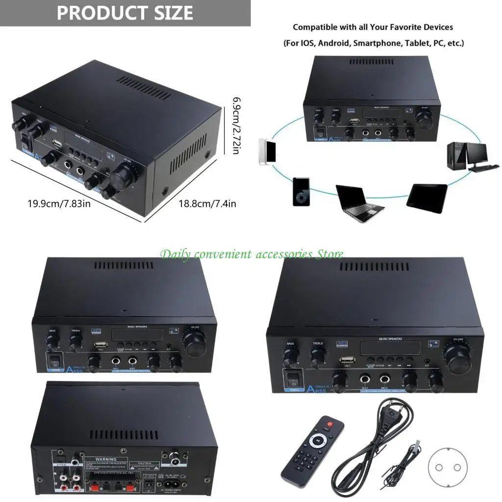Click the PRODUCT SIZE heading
125,13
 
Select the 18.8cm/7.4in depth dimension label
207,202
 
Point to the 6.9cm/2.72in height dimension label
235,125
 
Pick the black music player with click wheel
301,191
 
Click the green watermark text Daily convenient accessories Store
251,254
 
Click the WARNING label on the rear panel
105,459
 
